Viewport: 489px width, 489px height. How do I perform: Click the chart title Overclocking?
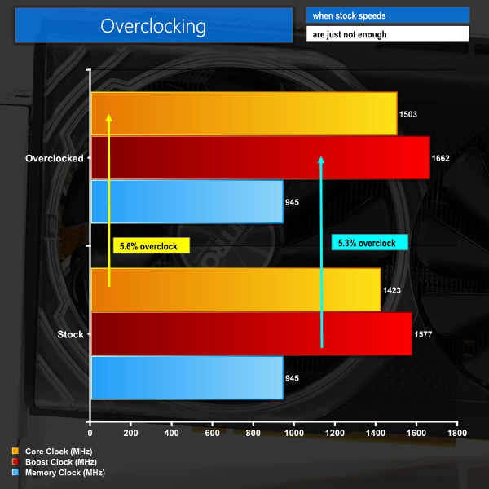click(x=153, y=26)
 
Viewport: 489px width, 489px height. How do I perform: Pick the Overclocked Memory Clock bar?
click(x=187, y=201)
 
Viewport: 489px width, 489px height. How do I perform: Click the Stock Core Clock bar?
click(x=236, y=289)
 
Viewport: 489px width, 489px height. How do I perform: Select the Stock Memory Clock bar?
click(x=187, y=377)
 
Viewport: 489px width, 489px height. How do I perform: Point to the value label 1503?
click(x=408, y=114)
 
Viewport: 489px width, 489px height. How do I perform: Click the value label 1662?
click(x=441, y=158)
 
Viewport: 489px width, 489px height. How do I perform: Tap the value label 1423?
click(x=392, y=289)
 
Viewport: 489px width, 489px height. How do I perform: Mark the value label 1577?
click(x=424, y=333)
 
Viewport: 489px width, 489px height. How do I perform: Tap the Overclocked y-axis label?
click(x=55, y=158)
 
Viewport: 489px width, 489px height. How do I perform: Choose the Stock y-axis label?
click(x=70, y=334)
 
